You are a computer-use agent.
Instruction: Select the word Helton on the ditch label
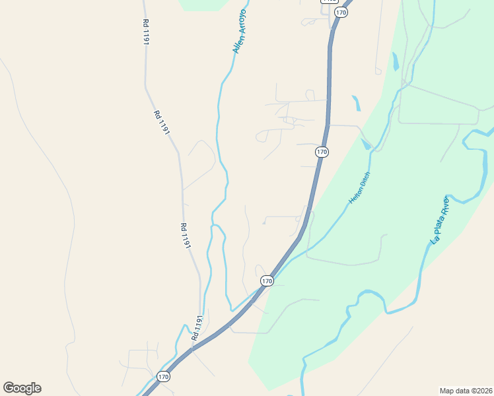355,195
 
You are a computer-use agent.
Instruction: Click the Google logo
22,388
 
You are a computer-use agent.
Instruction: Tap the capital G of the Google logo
9,387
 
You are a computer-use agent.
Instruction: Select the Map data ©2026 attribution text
466,390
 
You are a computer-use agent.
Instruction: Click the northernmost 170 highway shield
341,13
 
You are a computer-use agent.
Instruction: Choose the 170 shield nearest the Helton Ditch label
322,152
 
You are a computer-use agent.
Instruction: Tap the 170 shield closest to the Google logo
164,377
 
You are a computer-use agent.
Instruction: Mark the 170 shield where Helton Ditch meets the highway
267,281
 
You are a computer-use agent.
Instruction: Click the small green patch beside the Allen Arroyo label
205,5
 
